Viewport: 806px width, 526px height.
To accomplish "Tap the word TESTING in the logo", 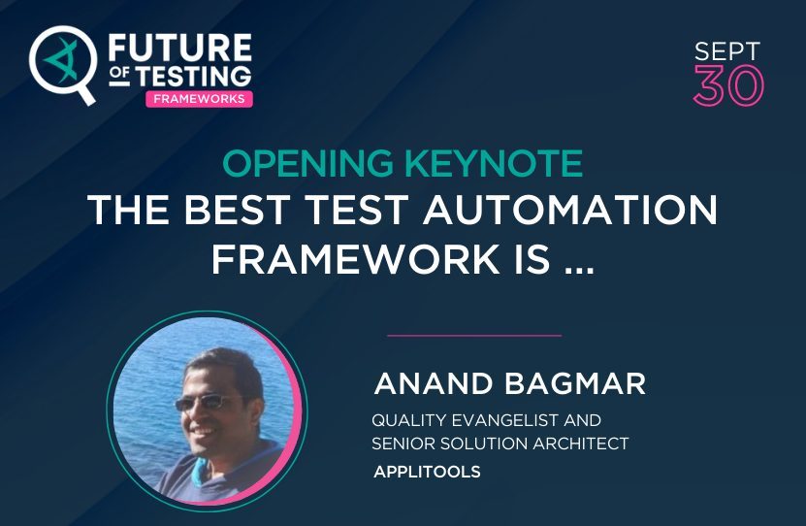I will point(190,76).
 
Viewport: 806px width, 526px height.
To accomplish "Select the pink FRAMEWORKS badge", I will point(199,100).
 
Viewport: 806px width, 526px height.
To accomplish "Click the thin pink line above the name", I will point(474,335).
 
